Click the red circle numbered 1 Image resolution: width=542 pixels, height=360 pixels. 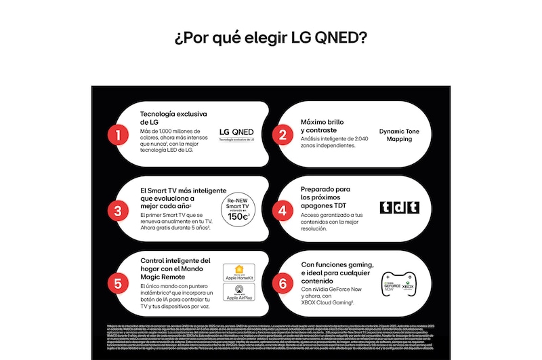tap(118, 134)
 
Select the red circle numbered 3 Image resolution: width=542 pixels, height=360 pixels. tap(118, 210)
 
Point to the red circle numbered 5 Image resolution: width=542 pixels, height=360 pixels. tap(118, 283)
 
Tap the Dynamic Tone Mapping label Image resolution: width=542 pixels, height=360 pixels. tap(399, 134)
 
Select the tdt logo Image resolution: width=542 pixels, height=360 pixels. tap(399, 207)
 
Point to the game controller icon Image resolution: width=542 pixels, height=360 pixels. tap(399, 284)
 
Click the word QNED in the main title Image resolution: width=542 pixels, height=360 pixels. tap(341, 37)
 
